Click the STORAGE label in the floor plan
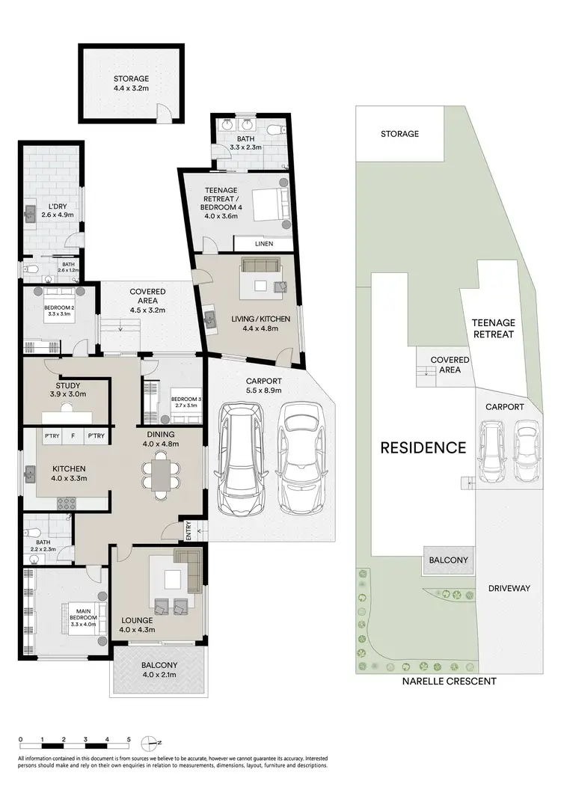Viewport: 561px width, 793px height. tap(131, 78)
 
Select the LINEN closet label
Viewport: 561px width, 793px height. tap(263, 244)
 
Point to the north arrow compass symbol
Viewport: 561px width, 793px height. tap(156, 743)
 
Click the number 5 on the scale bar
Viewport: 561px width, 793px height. tap(129, 738)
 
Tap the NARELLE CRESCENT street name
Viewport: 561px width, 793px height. tap(449, 682)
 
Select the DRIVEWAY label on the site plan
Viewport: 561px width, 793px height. tap(509, 588)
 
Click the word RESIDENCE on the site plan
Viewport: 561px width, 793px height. tap(423, 448)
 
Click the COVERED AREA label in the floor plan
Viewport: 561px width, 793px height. tap(147, 296)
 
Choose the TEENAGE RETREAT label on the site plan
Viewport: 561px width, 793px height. tap(493, 328)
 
